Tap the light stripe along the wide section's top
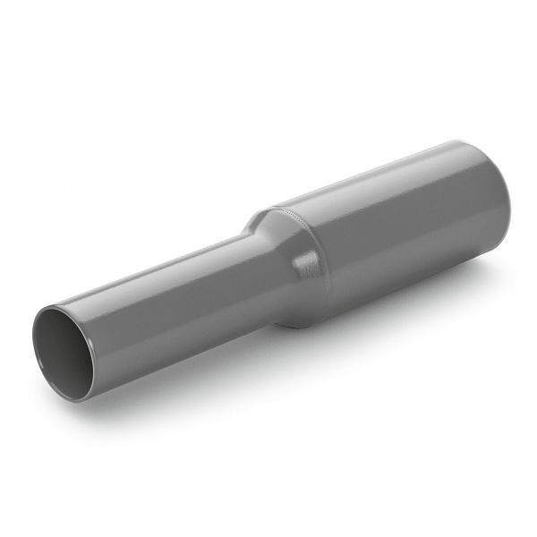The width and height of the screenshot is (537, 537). (385, 175)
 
